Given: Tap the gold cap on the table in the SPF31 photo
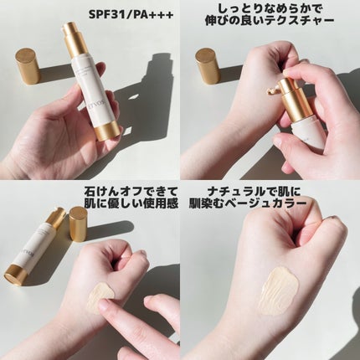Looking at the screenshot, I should (28, 65).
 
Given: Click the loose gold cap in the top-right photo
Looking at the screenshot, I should (207, 66).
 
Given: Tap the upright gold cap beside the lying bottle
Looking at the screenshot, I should (79, 224).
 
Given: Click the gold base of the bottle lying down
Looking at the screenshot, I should (15, 274).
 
